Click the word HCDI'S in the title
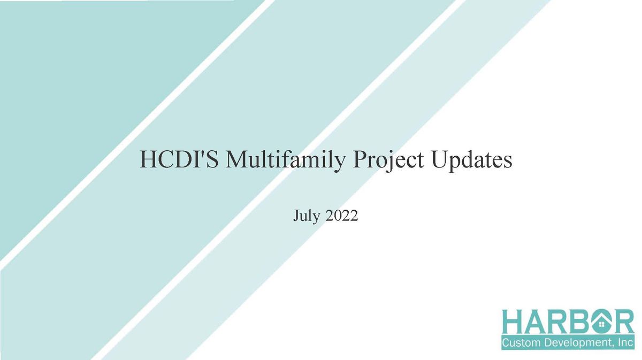(179, 159)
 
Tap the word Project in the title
(388, 161)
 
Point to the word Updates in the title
(471, 160)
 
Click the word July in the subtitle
(306, 216)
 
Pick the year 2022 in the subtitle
(342, 215)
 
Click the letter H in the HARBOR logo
(513, 321)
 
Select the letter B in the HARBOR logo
(579, 321)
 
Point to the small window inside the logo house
(601, 324)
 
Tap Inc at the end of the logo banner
(626, 342)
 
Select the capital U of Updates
(441, 159)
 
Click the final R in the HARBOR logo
(624, 321)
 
